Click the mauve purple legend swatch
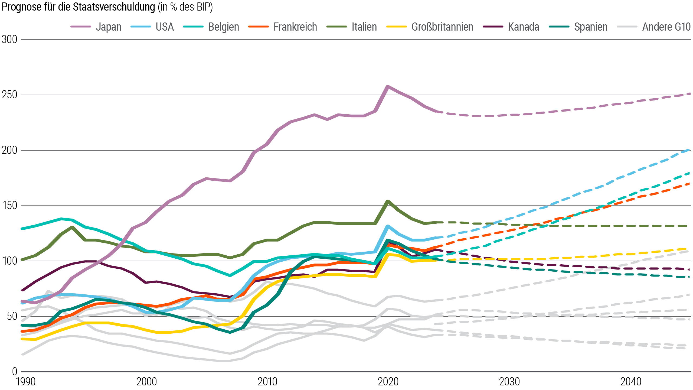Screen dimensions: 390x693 85,27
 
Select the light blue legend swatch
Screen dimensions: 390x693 143,27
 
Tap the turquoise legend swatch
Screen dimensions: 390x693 196,27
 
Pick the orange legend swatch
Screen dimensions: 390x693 261,27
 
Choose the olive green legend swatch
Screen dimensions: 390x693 339,27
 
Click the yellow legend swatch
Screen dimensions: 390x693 399,27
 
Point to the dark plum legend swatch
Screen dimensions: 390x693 495,27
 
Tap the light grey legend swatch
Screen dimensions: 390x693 630,27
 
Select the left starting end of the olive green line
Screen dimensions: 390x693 22,259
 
